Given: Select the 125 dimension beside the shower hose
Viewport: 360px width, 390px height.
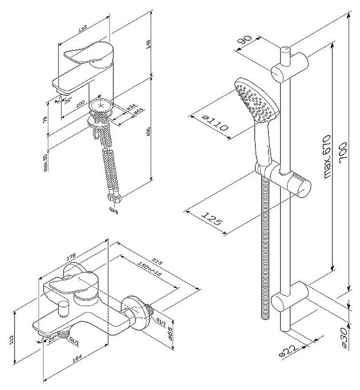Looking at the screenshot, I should (212, 218).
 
